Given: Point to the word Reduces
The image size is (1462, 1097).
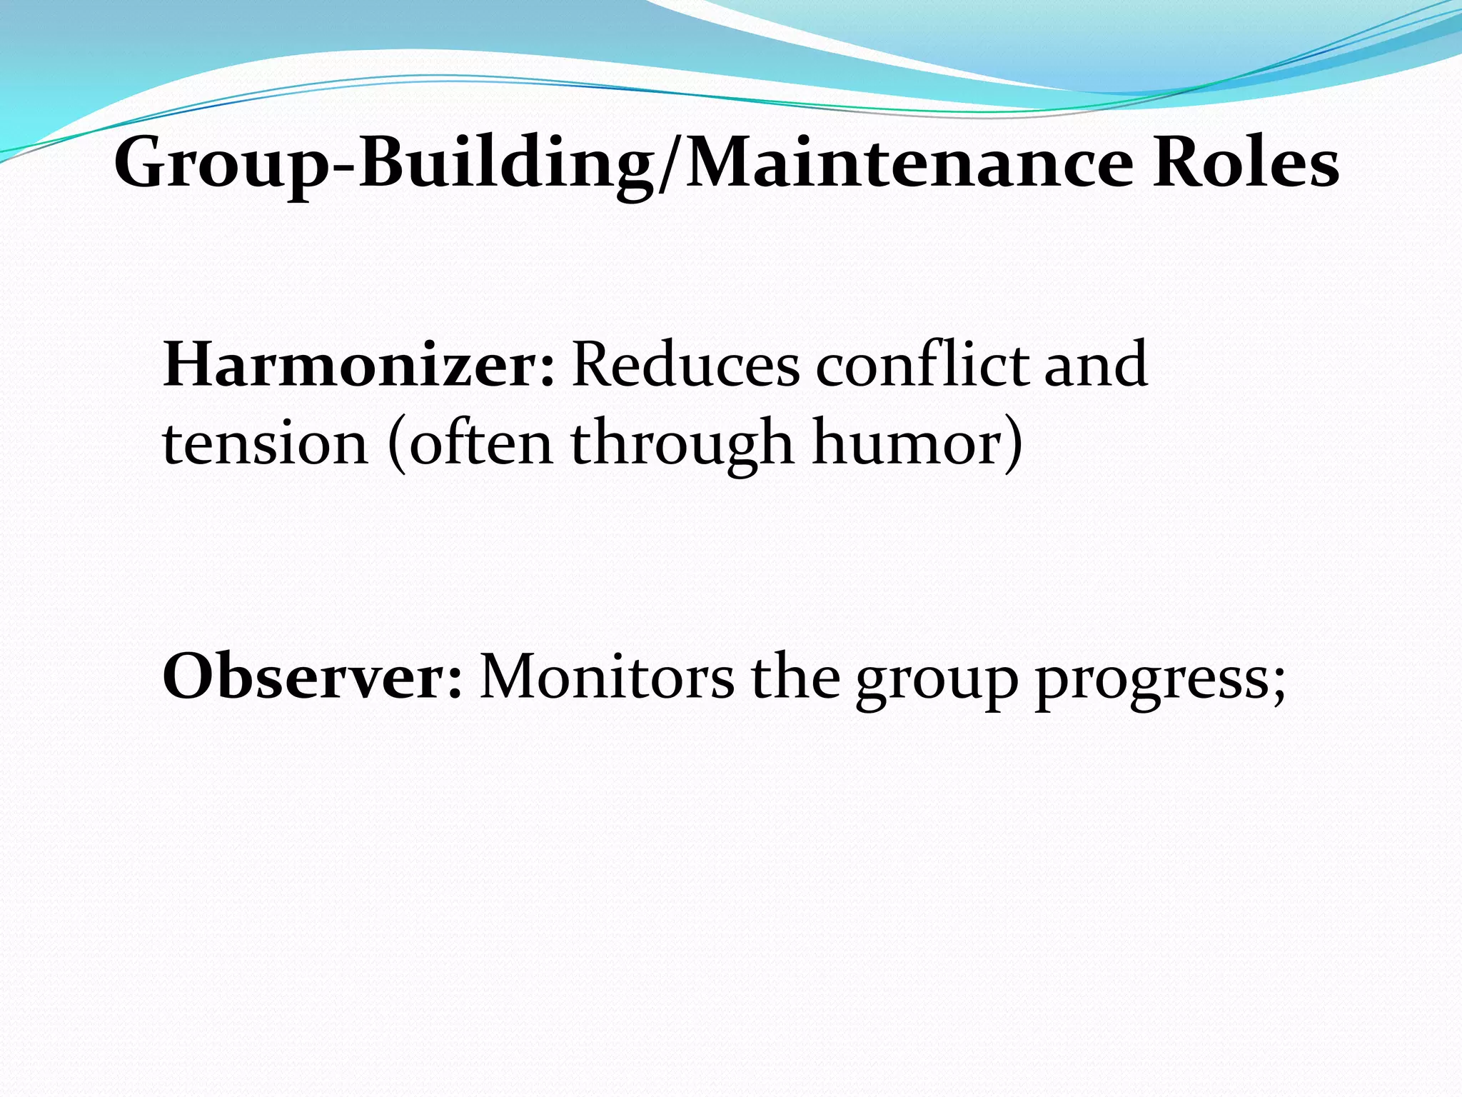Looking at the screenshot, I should pyautogui.click(x=685, y=365).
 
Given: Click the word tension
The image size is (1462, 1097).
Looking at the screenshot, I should pyautogui.click(x=265, y=444).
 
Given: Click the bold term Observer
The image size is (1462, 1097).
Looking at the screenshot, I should pyautogui.click(x=310, y=676).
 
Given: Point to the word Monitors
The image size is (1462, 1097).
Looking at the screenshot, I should pyautogui.click(x=607, y=676).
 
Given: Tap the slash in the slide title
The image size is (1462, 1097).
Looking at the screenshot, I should pyautogui.click(x=667, y=166).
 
